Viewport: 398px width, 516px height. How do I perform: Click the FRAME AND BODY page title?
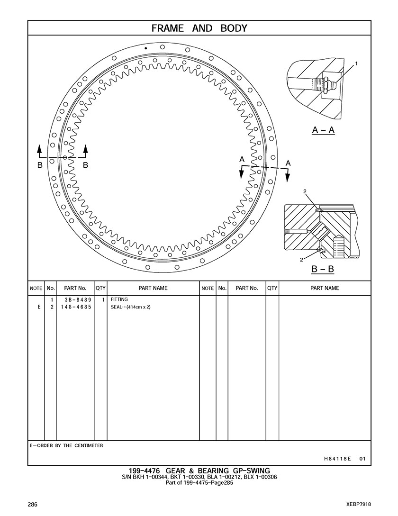(199, 28)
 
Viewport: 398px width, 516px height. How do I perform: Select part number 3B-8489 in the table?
(78, 300)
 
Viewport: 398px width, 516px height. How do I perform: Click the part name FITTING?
(119, 299)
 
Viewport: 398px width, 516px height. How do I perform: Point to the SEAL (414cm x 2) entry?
(130, 307)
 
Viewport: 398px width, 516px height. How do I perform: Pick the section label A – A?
(323, 130)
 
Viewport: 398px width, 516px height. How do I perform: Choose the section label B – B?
(323, 269)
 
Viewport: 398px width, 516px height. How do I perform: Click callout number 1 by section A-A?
(356, 63)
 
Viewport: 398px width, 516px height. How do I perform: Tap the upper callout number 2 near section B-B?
(305, 191)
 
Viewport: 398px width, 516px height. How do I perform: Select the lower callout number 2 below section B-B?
(301, 260)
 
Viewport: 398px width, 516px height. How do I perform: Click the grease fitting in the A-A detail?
(328, 83)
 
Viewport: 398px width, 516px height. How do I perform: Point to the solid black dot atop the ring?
(146, 48)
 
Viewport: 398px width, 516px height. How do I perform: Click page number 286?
(32, 504)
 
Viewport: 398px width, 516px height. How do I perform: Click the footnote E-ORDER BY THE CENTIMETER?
(66, 445)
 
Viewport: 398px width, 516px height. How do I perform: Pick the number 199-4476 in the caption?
(144, 471)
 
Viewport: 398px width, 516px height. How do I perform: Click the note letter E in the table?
(39, 307)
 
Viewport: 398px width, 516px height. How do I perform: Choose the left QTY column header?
(100, 288)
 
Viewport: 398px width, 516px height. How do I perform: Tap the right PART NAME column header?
(325, 288)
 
